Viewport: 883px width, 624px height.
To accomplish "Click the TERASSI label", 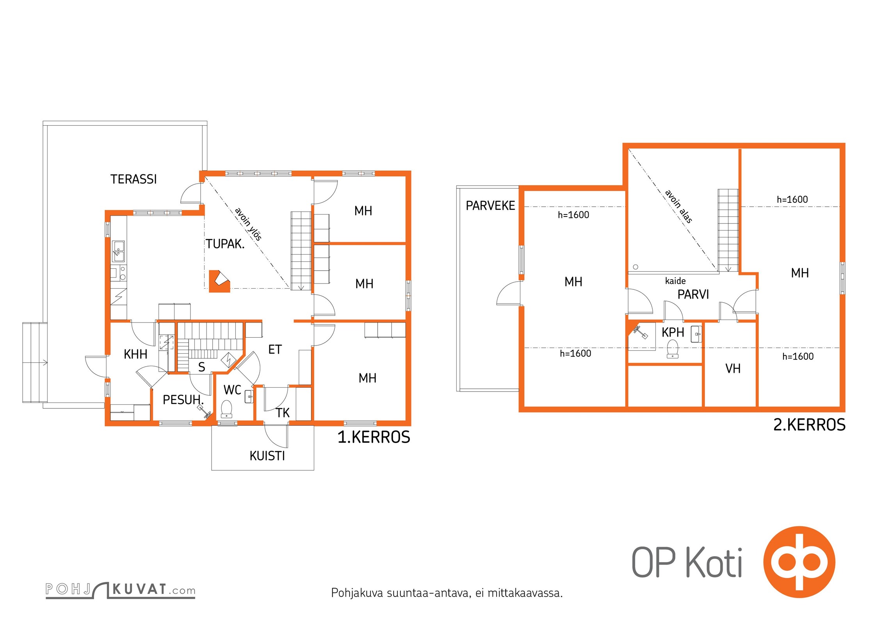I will tap(134, 179).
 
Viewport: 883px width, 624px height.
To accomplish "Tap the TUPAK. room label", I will tap(225, 244).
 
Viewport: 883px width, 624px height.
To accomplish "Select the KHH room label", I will tap(135, 355).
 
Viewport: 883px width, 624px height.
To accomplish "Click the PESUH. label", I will tap(183, 400).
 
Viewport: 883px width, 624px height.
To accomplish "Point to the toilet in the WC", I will tap(226, 409).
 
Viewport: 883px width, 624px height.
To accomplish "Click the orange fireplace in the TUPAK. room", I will tap(219, 281).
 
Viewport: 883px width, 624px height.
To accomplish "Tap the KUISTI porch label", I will tap(267, 456).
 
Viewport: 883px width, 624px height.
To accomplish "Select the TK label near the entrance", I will tap(283, 413).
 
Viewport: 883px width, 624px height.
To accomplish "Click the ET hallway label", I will tap(275, 350).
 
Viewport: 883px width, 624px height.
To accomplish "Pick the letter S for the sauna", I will tap(201, 367).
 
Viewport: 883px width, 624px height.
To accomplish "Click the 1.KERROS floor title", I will tap(374, 437).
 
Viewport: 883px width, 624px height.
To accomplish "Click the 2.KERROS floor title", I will tap(809, 425).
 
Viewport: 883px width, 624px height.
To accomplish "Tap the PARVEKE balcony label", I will tap(490, 206).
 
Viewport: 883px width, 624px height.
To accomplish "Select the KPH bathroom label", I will tap(673, 332).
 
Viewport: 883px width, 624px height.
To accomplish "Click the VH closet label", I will tap(733, 369).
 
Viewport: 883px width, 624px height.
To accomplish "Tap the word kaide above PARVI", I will tap(675, 281).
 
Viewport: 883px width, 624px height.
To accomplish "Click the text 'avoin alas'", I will tap(678, 206).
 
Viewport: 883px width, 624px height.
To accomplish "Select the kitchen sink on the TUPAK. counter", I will tap(118, 251).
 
